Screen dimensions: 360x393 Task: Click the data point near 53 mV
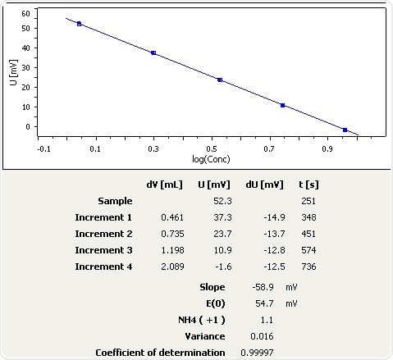[x=79, y=24]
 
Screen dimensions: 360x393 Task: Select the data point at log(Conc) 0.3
[x=153, y=52]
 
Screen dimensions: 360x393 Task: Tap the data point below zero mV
[x=345, y=130]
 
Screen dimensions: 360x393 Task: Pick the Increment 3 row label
[x=103, y=250]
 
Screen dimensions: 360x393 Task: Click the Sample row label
[x=115, y=201]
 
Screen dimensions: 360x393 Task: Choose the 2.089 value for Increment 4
[x=170, y=267]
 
